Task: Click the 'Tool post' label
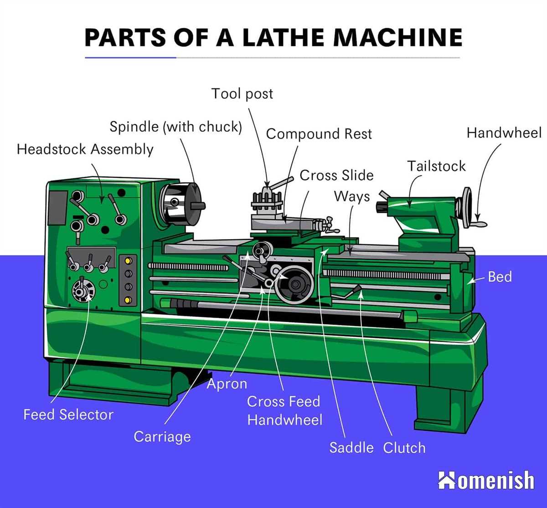coord(242,94)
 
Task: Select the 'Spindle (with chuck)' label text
coord(175,127)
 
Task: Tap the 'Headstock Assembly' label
coord(85,149)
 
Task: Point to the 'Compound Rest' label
coord(319,134)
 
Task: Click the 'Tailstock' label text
coord(436,166)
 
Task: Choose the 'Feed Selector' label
coord(68,415)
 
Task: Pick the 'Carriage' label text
coord(162,437)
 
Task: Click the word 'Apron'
coord(227,384)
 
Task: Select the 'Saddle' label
coord(351,447)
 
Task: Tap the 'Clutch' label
coord(404,447)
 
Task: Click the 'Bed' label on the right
coord(500,277)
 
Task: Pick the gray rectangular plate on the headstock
coord(57,202)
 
